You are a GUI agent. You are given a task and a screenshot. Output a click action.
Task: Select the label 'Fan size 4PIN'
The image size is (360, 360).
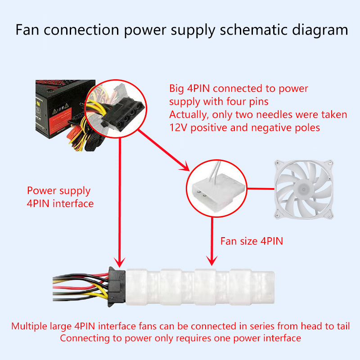pos(252,241)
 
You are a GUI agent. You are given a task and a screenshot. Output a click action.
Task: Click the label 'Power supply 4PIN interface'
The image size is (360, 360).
pos(60,197)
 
